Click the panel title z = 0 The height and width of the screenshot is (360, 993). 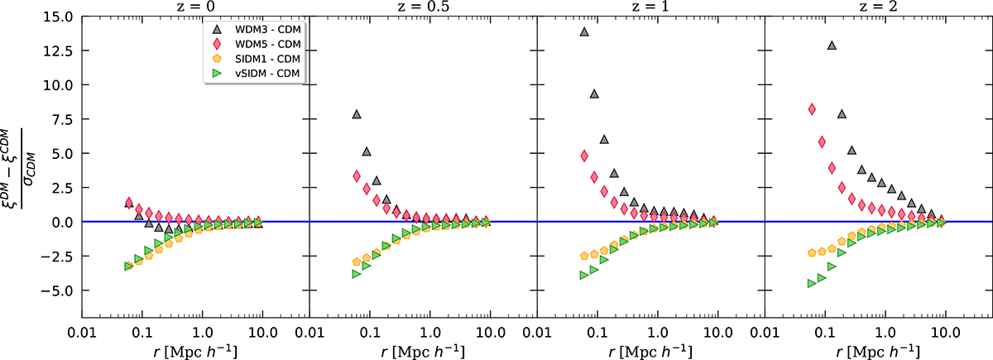coord(194,7)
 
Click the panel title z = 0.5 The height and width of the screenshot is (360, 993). coord(423,7)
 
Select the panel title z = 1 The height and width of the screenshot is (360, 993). coord(650,7)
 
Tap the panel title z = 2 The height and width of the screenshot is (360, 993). coord(879,7)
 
